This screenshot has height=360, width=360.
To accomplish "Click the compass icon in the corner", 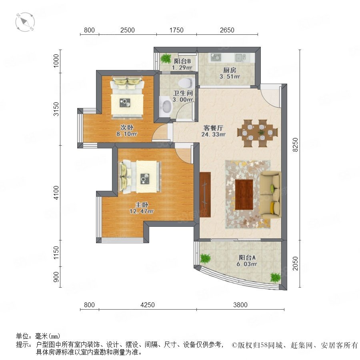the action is click(25, 22).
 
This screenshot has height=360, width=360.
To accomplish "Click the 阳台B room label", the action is click(182, 61).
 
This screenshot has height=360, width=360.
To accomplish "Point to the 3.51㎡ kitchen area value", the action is click(230, 76).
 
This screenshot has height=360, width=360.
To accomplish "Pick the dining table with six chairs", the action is click(257, 133).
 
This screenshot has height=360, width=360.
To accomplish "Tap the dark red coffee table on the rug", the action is click(244, 195).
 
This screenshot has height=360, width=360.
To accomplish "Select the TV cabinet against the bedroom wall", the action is click(205, 194).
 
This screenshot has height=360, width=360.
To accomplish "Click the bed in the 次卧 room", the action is click(127, 98).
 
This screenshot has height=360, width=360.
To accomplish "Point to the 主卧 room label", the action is click(142, 204).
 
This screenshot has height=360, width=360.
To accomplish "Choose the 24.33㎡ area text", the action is click(213, 134).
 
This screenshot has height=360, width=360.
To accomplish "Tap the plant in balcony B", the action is click(166, 58).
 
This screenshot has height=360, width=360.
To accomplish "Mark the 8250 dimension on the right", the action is click(295, 144).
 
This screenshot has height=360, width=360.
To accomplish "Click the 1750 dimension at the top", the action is click(176, 30).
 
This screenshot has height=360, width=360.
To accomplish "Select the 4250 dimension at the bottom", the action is click(147, 305).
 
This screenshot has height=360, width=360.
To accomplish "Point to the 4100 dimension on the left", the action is click(56, 193).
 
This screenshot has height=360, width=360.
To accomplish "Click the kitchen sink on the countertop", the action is click(240, 58).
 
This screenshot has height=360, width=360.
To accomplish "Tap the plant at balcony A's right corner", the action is click(276, 277).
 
